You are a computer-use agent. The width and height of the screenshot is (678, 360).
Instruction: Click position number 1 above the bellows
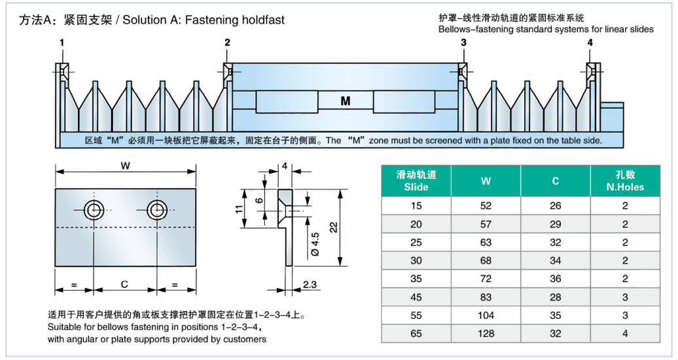point(62,43)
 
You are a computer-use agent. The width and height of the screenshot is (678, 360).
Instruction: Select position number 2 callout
point(227,43)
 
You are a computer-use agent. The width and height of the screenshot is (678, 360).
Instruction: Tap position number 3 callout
point(463,43)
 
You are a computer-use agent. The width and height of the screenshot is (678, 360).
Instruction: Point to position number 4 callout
point(590,43)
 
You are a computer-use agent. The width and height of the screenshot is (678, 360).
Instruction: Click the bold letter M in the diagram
point(346,101)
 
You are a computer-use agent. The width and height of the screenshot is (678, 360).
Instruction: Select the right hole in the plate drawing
point(157,209)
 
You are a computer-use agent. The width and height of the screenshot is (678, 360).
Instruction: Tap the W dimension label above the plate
point(125,166)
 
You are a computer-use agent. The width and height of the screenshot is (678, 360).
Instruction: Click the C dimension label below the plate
point(125,285)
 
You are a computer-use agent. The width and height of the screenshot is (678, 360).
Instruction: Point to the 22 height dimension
point(333,227)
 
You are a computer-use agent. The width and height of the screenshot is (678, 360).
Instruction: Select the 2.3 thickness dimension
point(311,285)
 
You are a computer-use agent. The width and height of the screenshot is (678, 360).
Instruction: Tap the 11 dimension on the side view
point(240,209)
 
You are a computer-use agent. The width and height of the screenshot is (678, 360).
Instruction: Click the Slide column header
point(416,181)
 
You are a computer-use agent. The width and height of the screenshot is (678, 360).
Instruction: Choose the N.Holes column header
point(625,181)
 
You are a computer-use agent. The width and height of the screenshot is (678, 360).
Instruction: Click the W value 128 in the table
point(486,333)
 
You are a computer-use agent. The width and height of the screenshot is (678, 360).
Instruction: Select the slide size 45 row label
point(416,297)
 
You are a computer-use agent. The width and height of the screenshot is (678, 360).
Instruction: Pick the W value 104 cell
point(486,315)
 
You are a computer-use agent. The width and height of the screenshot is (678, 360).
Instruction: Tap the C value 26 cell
point(555,206)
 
